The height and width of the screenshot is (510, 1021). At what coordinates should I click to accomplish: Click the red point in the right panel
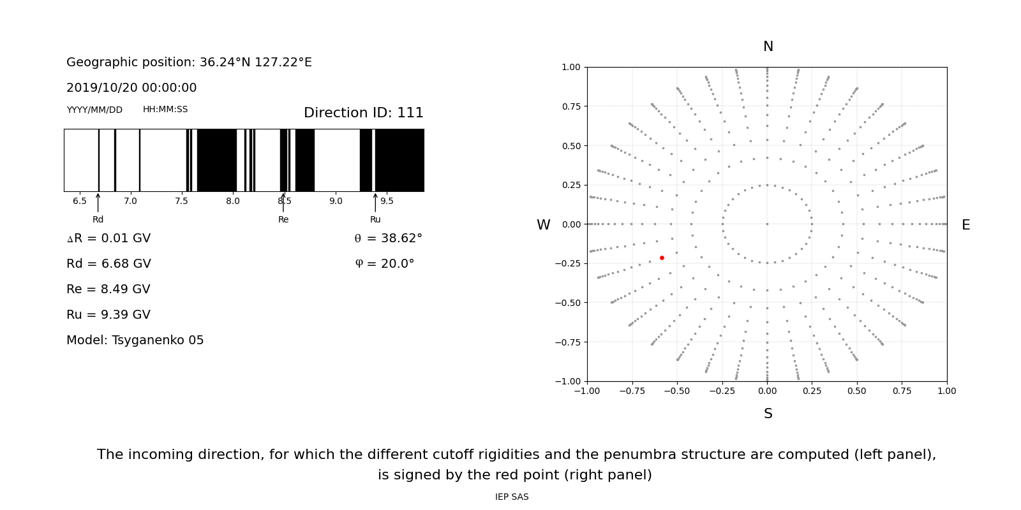coord(662,258)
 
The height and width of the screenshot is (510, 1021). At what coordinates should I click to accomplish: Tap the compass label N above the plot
coord(768,47)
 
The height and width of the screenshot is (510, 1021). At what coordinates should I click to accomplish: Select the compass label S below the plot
coord(768,414)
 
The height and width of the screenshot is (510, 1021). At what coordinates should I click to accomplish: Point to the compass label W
coord(543,225)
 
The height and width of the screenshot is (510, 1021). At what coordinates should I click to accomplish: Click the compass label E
coord(965,225)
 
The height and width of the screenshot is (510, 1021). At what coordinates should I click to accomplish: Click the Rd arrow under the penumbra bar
coord(98,202)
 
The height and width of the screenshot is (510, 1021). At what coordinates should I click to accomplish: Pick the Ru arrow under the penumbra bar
coord(375,202)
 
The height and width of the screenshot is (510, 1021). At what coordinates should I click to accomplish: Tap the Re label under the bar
coord(283,219)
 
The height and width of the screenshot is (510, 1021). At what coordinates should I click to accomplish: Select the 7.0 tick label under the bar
coord(130,201)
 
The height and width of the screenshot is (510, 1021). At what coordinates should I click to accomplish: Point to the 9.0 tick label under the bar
coord(336,201)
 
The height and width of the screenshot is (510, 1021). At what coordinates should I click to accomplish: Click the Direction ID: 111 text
coord(363,113)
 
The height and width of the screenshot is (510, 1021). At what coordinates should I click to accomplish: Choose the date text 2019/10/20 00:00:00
coord(131,88)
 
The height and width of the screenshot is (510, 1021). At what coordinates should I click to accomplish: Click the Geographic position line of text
coord(189,62)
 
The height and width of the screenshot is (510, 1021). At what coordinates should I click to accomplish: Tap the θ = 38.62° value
coord(388,238)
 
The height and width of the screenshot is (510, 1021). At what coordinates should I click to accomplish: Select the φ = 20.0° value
coord(384,264)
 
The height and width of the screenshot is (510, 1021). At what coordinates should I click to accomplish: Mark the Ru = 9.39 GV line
coord(108,315)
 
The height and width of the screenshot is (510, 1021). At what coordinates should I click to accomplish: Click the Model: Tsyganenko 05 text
coord(135,340)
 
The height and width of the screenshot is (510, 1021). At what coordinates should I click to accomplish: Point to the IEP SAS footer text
coord(512,497)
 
